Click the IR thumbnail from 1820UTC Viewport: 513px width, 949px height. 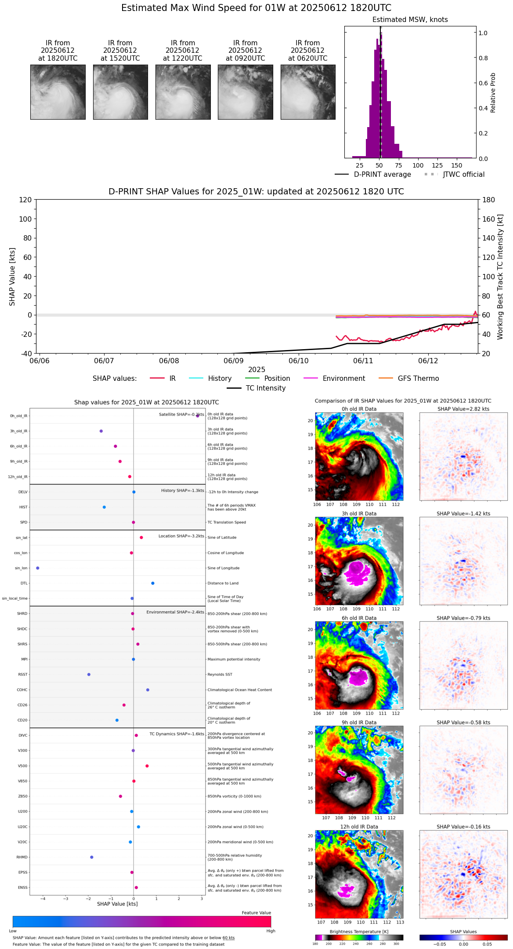pyautogui.click(x=58, y=92)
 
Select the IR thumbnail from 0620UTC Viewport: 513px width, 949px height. pyautogui.click(x=308, y=92)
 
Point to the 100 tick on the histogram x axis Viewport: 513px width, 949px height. pyautogui.click(x=418, y=165)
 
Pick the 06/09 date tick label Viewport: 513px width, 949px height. pyautogui.click(x=234, y=361)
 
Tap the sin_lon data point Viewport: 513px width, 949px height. pyautogui.click(x=38, y=568)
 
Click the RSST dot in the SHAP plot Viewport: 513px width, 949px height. pyautogui.click(x=89, y=675)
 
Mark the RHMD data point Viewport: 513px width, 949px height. pyautogui.click(x=91, y=857)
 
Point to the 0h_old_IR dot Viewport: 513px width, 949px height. pyautogui.click(x=197, y=416)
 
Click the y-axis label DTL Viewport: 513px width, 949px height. pyautogui.click(x=24, y=583)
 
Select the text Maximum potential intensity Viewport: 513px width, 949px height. pyautogui.click(x=234, y=659)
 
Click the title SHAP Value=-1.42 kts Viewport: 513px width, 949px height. pyautogui.click(x=463, y=514)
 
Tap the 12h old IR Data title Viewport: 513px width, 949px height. pyautogui.click(x=359, y=827)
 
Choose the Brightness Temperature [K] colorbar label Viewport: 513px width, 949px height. pyautogui.click(x=359, y=931)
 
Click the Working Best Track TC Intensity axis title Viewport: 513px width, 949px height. pyautogui.click(x=500, y=277)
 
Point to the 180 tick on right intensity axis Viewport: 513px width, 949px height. pyautogui.click(x=489, y=200)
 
